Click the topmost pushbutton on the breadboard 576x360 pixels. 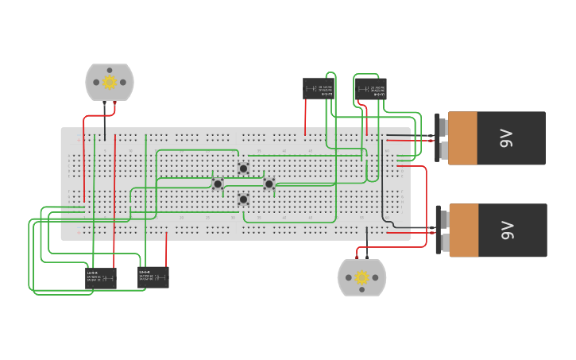pos(243,168)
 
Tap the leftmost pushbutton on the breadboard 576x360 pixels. pos(218,184)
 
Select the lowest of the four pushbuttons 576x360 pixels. pos(243,199)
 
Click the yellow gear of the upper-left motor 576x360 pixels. pos(110,82)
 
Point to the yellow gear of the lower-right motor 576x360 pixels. pos(362,277)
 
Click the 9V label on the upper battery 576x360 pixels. pos(507,138)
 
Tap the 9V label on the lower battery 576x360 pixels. pos(507,230)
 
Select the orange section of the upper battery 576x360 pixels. pos(462,138)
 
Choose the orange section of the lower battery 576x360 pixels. pos(463,230)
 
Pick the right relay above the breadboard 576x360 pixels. pos(371,88)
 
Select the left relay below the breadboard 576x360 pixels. pos(101,277)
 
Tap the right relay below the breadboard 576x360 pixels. pos(153,277)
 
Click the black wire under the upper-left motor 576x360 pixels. pos(104,119)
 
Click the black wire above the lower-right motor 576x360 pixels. pos(367,242)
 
